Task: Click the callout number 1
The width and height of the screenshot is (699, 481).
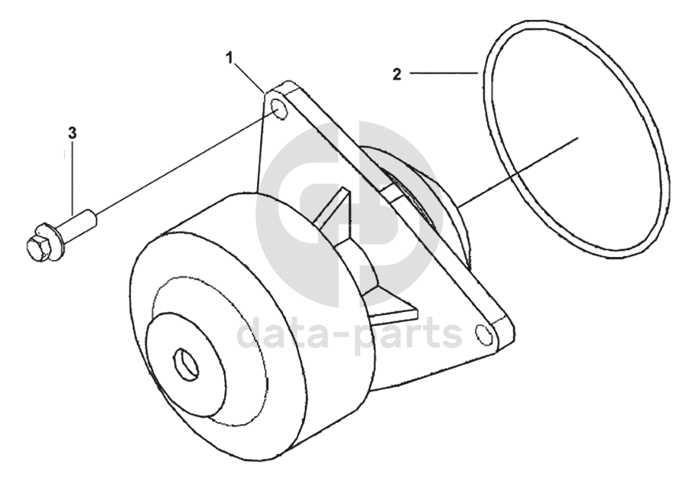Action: [229, 57]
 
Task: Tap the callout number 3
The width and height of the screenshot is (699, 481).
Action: [73, 133]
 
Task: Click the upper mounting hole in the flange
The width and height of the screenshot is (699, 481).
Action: [280, 112]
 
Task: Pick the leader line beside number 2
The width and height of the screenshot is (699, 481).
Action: [444, 73]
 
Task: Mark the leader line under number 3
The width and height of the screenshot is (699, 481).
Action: [73, 180]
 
